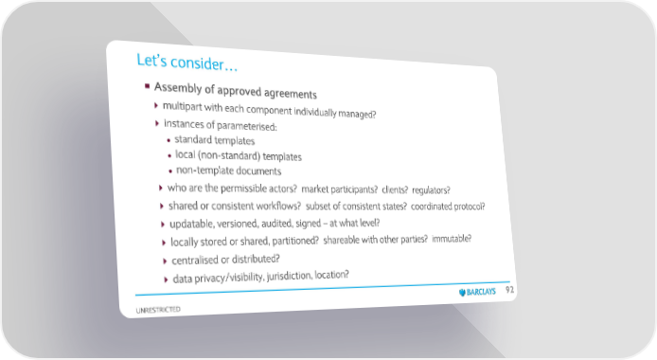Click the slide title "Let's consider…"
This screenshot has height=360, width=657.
[186, 62]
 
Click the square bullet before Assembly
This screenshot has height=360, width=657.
[147, 86]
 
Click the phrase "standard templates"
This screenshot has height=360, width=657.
[215, 139]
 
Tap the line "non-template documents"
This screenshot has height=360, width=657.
[228, 171]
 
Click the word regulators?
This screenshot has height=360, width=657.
[431, 190]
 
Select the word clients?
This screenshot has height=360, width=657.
[395, 189]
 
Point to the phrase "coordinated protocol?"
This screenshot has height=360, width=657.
[448, 207]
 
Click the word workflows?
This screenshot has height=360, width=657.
[278, 206]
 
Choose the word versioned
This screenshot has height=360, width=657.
[240, 224]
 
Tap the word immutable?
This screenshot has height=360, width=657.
[452, 239]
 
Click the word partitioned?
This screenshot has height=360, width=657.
[295, 241]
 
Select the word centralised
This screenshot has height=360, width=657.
[195, 261]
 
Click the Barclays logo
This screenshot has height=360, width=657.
[477, 292]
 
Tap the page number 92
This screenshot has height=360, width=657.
[509, 290]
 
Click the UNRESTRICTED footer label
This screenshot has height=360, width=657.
[158, 310]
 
